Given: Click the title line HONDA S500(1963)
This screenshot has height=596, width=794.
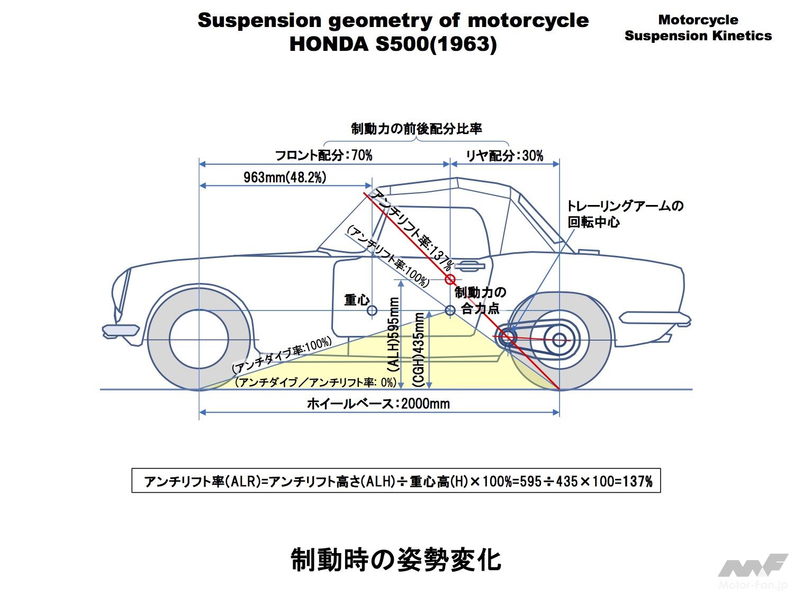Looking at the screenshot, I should pos(393,44).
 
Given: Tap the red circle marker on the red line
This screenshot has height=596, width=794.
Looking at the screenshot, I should pos(450,279).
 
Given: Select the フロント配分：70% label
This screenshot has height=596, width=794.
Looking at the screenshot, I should pos(323,155).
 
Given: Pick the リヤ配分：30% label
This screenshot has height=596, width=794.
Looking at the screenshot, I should pos(504,155).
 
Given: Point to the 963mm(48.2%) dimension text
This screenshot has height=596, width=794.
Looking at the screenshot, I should pos(285,177).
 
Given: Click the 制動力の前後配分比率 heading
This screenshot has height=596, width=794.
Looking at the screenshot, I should pos(417,129).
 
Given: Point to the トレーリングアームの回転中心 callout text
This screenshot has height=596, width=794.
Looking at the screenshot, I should pos(625,214).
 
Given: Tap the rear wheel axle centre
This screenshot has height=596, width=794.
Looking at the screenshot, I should pos(559,340).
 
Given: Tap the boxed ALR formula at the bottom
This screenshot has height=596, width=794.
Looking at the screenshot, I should pos(396,481).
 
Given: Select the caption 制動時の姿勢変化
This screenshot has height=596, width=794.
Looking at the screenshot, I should pos(396,559).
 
